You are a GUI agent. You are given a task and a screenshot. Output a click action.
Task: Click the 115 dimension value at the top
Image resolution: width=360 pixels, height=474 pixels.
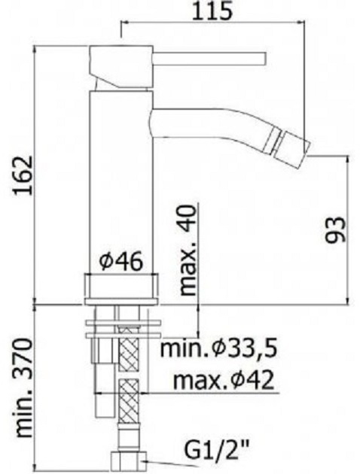pos(213,11)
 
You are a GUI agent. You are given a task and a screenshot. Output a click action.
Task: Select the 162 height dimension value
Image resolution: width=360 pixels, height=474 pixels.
pos(24,175)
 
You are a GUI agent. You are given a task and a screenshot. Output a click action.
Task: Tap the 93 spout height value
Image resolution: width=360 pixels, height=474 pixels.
pos(335,229)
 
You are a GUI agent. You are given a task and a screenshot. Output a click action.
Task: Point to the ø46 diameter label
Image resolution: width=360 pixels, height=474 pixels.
pos(121,262)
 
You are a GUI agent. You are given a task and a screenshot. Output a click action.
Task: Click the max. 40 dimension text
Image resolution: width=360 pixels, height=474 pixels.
pos(188,250)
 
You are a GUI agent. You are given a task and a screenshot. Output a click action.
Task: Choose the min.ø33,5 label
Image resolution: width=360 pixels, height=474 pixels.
pos(218,348)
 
